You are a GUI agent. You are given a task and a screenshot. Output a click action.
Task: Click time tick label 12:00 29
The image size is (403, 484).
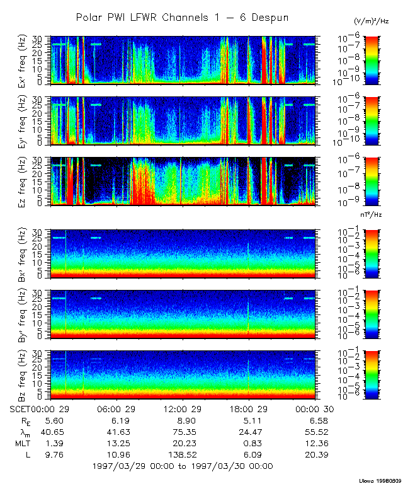[182, 409]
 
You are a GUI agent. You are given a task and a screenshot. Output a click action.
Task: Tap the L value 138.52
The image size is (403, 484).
[182, 454]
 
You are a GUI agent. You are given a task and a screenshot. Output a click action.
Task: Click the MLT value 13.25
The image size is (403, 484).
[120, 443]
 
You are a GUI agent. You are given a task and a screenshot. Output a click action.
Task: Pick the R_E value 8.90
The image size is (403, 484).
[182, 420]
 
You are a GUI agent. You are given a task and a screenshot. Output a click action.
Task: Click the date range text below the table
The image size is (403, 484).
[183, 466]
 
